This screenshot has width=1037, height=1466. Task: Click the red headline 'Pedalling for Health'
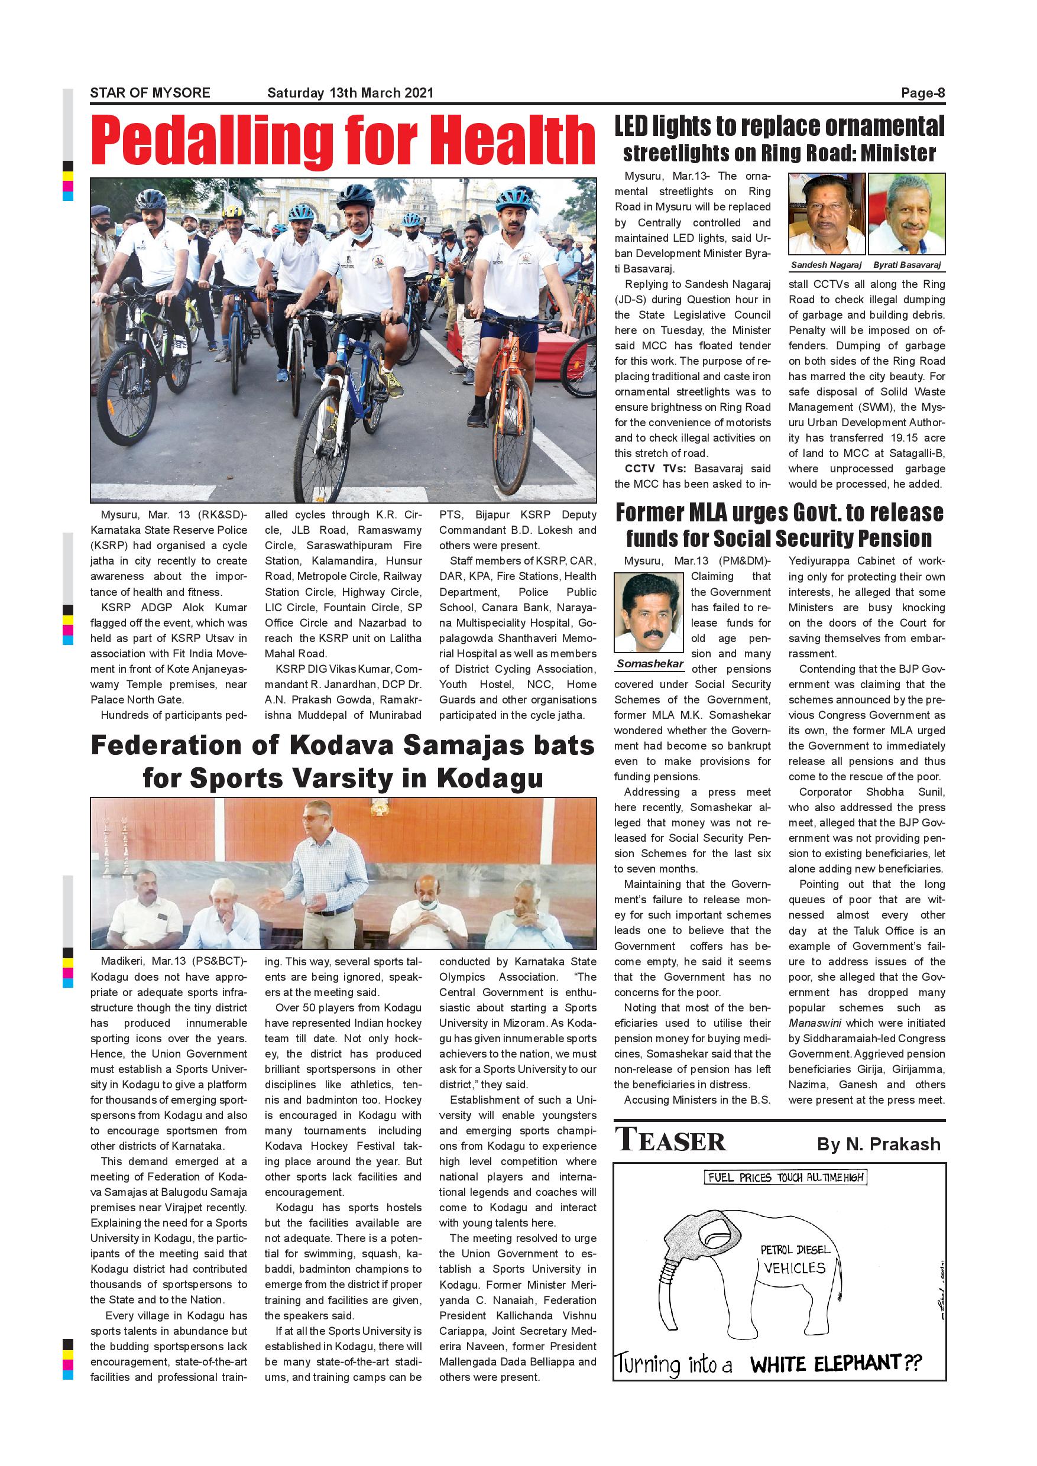click(x=343, y=141)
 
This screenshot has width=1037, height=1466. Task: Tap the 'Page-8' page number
click(x=923, y=93)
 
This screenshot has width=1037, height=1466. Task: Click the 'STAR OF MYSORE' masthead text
click(x=150, y=93)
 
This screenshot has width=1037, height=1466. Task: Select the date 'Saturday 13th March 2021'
click(x=350, y=93)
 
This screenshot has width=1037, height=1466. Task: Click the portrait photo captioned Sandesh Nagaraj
click(x=827, y=214)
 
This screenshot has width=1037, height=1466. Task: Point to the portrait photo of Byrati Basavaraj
click(x=907, y=214)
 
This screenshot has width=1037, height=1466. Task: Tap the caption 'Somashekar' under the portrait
click(x=650, y=663)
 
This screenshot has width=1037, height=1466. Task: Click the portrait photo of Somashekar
click(x=649, y=613)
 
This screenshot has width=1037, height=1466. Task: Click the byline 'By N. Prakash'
click(x=879, y=1144)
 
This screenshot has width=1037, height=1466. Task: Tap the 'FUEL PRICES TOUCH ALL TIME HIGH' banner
click(x=786, y=1178)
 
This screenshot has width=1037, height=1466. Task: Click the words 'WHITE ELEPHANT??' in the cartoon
click(x=836, y=1364)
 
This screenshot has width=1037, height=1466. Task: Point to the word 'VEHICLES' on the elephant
click(x=795, y=1268)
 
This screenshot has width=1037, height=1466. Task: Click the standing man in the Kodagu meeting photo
click(x=317, y=875)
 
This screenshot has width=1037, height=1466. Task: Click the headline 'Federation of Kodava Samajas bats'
click(x=343, y=745)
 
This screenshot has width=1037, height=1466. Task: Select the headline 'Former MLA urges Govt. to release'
click(x=779, y=512)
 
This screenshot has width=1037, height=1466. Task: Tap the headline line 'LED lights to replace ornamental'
click(x=779, y=127)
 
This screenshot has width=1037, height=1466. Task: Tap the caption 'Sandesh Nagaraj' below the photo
click(x=827, y=264)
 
